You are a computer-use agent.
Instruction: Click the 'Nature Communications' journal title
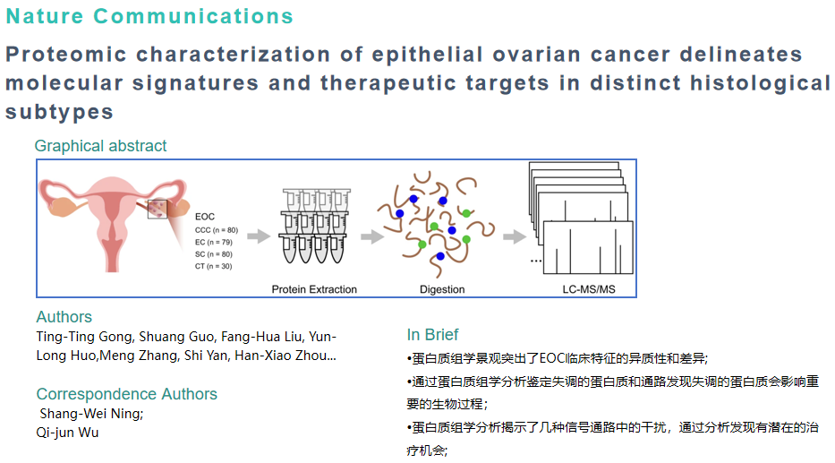149,16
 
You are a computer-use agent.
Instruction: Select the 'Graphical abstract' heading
100,146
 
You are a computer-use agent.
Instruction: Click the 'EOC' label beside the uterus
205,216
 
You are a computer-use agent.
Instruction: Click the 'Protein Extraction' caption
314,289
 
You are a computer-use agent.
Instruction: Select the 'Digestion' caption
442,289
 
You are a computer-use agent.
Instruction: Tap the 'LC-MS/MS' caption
582,289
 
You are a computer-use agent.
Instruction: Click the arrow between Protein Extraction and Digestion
371,236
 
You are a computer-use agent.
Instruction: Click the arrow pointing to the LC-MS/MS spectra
514,236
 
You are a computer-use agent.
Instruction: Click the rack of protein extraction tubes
314,228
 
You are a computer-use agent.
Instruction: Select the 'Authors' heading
64,317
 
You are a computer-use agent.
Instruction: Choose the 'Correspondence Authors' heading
126,394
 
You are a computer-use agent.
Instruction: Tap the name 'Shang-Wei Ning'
90,414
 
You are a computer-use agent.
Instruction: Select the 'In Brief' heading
432,335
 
